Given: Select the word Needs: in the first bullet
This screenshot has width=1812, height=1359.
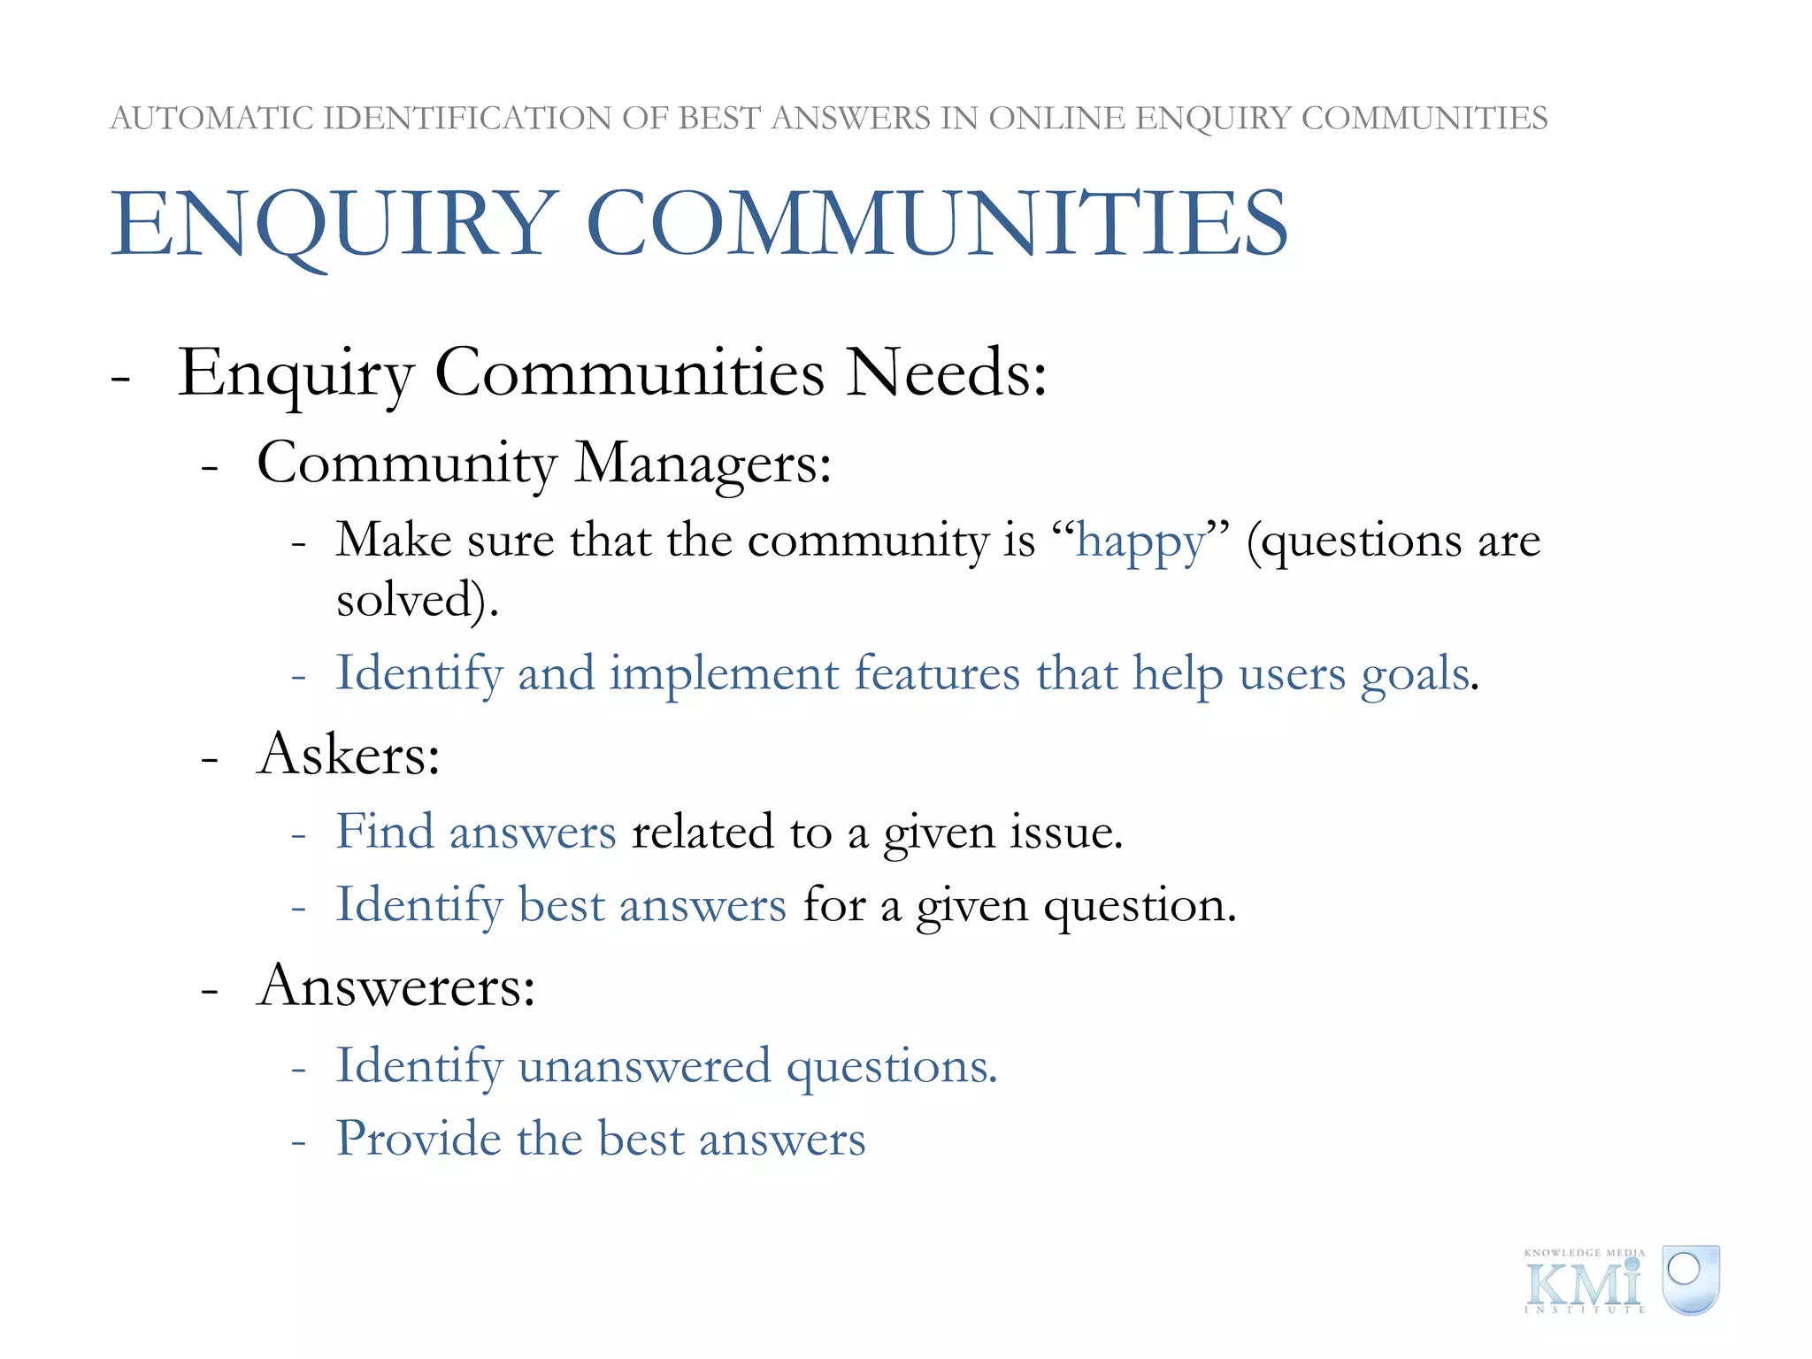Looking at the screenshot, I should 946,372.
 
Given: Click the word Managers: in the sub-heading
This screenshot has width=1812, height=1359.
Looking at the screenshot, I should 703,463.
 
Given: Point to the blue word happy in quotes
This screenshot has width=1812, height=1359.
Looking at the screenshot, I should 1140,541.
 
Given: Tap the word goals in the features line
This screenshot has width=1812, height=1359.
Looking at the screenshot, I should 1414,675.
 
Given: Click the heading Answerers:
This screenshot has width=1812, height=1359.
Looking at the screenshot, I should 396,986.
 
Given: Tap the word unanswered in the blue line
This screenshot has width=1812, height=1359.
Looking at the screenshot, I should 644,1065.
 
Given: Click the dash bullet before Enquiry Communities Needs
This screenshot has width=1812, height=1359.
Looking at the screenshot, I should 121,376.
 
